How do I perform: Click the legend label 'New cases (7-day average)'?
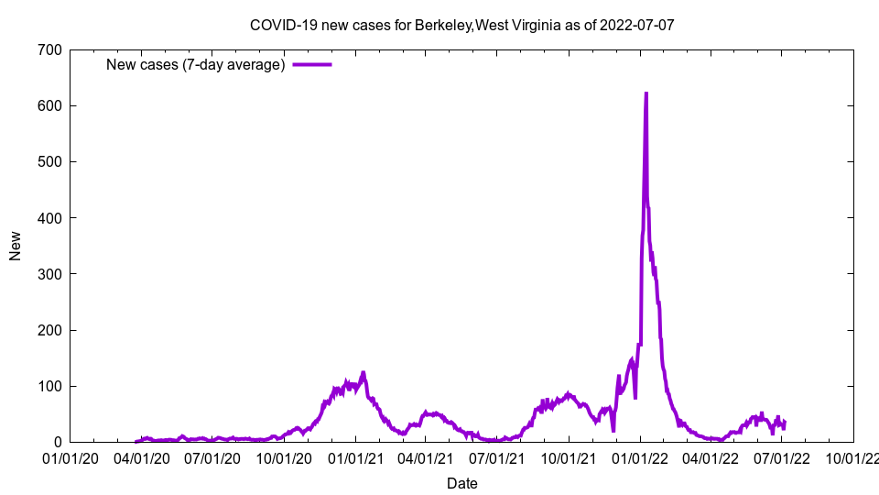pos(196,64)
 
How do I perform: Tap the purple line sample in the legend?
pos(312,64)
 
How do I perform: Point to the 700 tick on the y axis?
pos(49,49)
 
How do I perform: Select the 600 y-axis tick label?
pos(49,105)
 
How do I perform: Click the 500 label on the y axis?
pos(49,161)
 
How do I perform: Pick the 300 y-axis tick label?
pos(49,274)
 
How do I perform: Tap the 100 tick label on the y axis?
pos(49,386)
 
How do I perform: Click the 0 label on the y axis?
pos(57,442)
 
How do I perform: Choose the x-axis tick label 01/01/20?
pos(71,457)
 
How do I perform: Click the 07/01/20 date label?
pos(213,457)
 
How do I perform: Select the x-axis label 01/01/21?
pos(357,457)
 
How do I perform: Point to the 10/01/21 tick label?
pos(569,457)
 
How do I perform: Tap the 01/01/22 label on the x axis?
pos(641,457)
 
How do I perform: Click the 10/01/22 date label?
pos(853,457)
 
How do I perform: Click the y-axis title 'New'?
pos(16,246)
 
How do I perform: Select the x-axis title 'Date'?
pos(461,483)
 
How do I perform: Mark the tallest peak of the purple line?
pos(646,93)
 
